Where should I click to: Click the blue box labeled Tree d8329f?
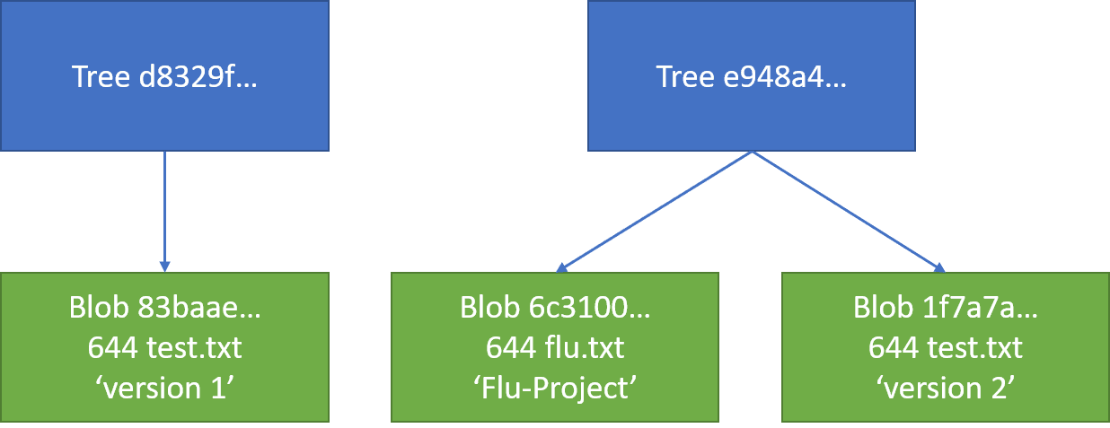164,75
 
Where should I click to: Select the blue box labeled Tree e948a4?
751,75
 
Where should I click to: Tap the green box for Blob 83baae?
164,347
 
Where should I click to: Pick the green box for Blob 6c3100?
555,347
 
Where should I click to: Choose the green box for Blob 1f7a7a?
946,347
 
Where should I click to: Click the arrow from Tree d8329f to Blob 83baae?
164,211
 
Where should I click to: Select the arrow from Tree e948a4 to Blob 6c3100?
655,210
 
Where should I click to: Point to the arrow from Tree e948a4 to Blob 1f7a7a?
847,210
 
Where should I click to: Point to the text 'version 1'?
164,388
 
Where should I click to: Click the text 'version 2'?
946,388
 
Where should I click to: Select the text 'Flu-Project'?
555,388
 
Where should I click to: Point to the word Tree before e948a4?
684,76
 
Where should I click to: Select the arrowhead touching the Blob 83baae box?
164,266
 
